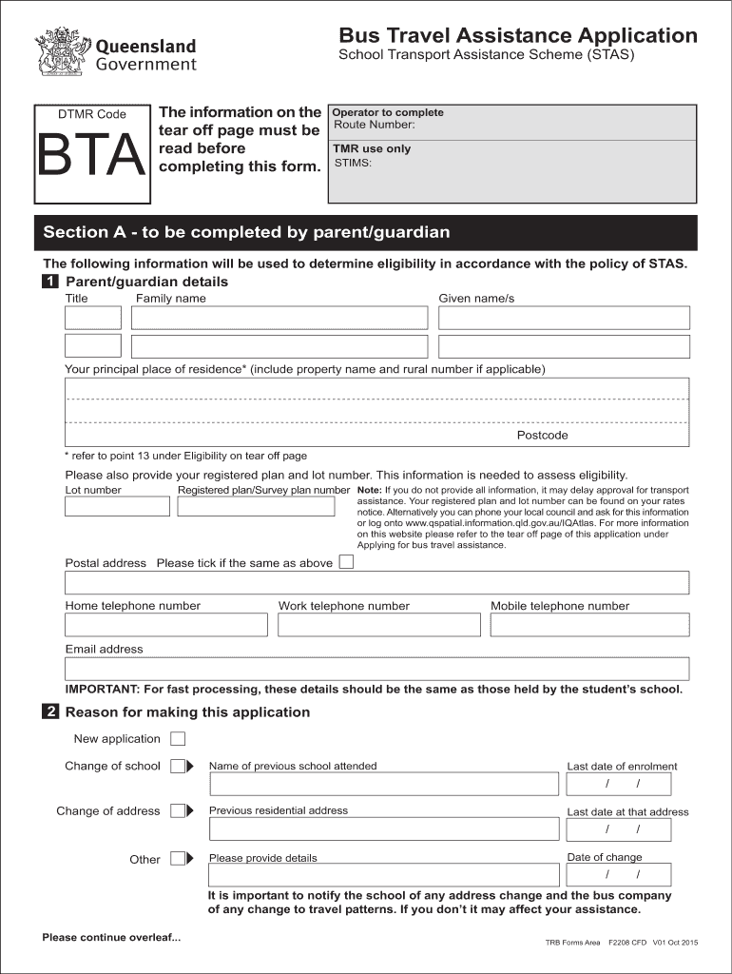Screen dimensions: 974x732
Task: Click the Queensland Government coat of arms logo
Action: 62,52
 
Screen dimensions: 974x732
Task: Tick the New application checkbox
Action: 178,739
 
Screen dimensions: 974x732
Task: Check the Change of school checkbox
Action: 178,766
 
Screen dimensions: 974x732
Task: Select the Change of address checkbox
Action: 178,811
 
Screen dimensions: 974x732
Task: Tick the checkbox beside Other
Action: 178,859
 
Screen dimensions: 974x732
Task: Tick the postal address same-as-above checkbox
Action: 346,562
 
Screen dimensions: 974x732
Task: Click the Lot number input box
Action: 117,506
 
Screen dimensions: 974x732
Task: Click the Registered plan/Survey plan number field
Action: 257,506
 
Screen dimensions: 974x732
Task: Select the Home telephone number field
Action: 166,625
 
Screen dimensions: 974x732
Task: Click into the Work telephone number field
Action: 379,625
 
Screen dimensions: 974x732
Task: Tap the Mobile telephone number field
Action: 589,625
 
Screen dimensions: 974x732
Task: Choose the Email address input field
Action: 376,669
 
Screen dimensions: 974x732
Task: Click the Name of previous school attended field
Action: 383,784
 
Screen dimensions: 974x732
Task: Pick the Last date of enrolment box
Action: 618,784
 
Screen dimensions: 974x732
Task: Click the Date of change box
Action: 618,875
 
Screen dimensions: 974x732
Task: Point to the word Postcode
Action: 542,436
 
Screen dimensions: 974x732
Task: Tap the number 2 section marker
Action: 50,712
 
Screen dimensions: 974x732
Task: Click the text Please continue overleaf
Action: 111,938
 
